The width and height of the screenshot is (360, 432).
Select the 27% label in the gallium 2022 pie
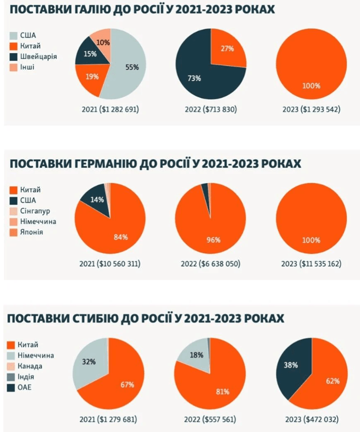227,49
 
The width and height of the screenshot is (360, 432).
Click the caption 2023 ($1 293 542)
311,109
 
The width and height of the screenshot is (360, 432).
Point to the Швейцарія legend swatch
14,56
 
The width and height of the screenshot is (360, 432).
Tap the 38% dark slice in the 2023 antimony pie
291,365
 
